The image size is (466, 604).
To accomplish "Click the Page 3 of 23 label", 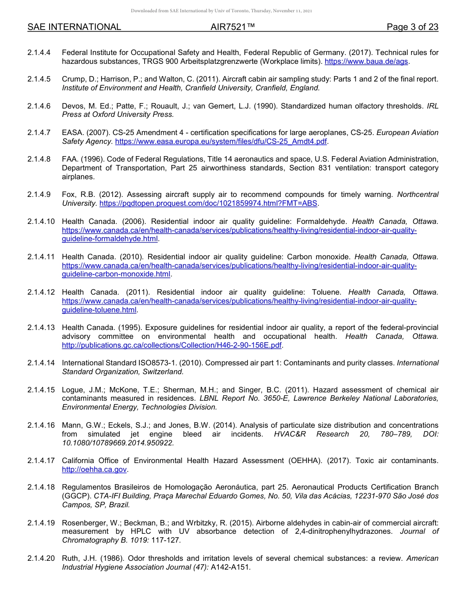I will [412, 27].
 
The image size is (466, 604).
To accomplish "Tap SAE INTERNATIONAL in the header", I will [74, 27].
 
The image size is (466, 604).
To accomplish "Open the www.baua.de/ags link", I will [366, 61].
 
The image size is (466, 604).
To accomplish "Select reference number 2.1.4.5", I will [39, 79].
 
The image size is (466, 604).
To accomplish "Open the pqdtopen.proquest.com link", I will [208, 203].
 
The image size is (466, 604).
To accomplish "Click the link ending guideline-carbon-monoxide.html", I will [116, 274].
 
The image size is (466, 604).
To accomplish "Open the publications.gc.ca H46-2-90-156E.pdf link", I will [172, 345].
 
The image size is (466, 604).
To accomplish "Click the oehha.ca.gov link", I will [94, 469].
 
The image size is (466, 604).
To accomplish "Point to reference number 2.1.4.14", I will [41, 363].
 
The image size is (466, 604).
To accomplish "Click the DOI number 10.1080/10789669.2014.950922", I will [118, 442].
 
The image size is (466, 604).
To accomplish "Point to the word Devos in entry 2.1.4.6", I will [72, 106].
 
